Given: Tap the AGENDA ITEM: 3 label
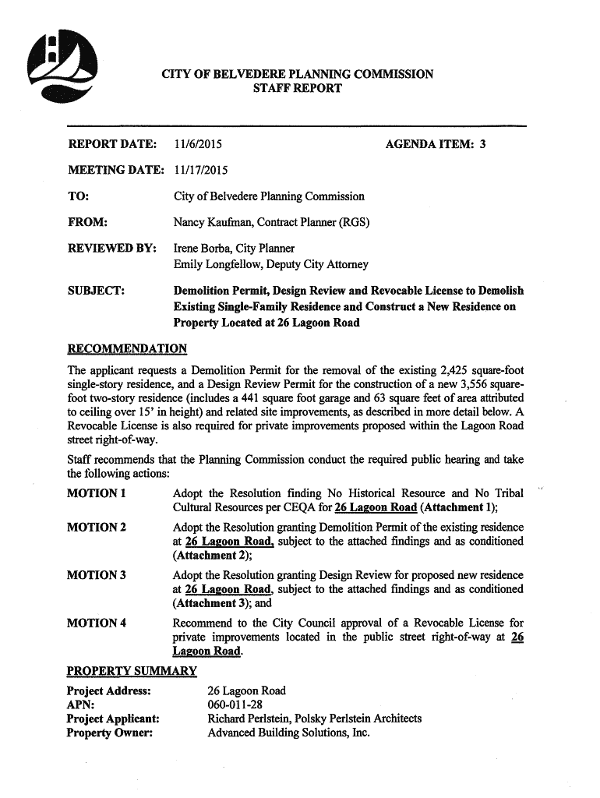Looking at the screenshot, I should (x=436, y=144).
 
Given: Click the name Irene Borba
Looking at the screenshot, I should (x=201, y=249).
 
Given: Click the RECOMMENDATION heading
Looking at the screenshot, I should (x=127, y=348).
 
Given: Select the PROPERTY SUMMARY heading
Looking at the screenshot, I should (x=132, y=671).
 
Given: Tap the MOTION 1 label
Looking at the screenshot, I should (x=97, y=493).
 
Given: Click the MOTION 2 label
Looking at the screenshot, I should (x=97, y=528).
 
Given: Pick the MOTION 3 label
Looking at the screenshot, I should (x=97, y=575).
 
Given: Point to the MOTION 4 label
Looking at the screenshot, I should (x=97, y=623).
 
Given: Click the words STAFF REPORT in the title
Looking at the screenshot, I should (x=297, y=89).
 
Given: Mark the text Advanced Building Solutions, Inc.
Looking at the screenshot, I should (x=288, y=733).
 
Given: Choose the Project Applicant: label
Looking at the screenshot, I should (x=113, y=719).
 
